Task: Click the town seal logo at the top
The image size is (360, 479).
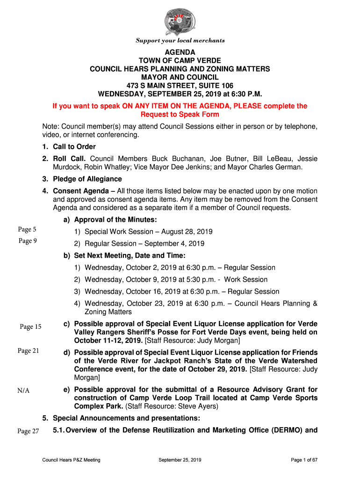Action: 180,21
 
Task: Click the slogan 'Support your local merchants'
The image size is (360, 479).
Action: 180,41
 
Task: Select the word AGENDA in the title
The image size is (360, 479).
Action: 180,52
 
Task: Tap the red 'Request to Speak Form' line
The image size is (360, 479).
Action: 180,115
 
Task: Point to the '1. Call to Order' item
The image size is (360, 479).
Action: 74,147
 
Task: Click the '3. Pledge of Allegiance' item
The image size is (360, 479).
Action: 87,179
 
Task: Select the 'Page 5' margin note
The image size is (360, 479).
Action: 27,229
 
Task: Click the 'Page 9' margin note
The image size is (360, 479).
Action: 27,241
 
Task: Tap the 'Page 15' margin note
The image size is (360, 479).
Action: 30,327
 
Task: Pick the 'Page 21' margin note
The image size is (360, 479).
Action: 29,351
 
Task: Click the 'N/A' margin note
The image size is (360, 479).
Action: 24,391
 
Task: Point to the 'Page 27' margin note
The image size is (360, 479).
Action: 29,431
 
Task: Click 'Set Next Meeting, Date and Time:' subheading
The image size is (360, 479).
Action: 130,255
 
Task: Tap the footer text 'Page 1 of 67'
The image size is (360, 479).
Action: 304,460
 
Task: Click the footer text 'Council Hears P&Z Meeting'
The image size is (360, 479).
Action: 71,460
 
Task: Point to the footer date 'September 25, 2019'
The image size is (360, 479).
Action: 180,460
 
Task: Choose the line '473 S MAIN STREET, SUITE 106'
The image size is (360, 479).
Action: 180,86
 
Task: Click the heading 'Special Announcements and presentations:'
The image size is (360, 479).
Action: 126,418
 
